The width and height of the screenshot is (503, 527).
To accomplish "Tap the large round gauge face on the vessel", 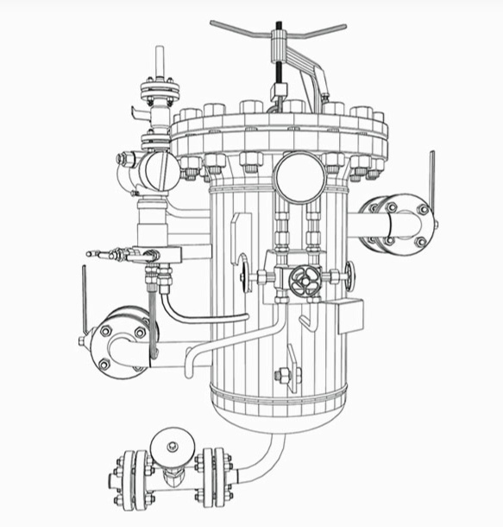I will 299,177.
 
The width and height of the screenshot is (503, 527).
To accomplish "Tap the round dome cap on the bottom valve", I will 171,446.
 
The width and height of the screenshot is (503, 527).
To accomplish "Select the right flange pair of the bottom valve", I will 213,477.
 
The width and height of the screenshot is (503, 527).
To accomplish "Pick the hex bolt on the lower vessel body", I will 282,377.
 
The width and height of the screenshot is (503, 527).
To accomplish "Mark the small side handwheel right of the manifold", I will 348,276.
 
